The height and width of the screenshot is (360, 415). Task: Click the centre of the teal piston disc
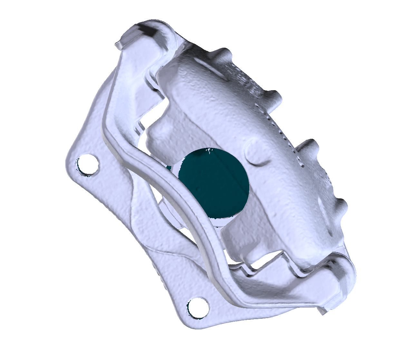[214, 182]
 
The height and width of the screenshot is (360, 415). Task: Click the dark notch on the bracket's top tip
[149, 31]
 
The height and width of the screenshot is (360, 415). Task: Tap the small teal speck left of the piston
[169, 167]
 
